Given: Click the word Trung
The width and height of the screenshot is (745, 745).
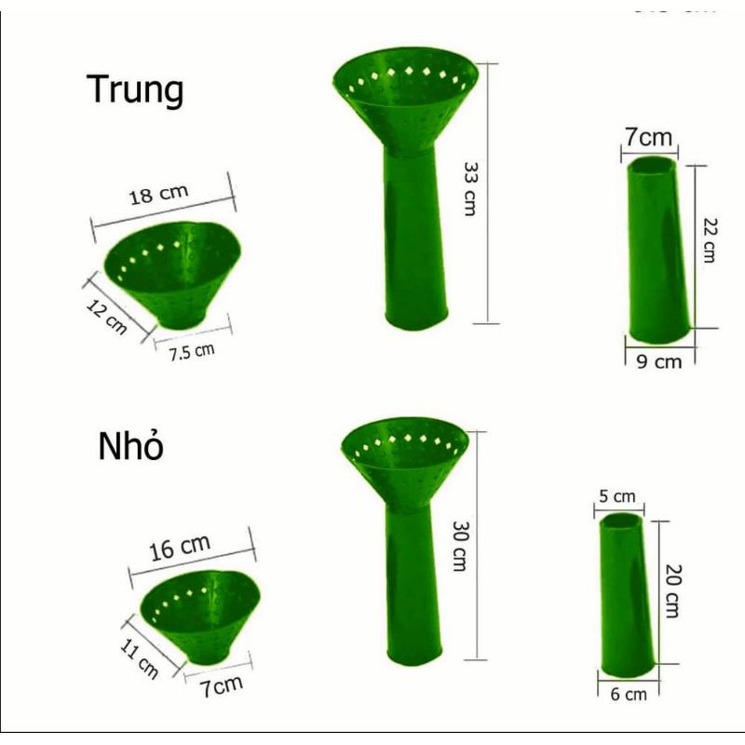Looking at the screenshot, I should [135, 90].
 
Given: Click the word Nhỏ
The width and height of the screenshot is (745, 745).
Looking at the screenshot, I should [131, 447].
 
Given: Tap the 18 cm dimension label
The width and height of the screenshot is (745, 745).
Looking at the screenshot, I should [158, 195].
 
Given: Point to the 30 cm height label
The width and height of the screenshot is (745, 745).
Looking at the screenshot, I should [457, 545].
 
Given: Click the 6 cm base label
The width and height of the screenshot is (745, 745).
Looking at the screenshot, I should [629, 694].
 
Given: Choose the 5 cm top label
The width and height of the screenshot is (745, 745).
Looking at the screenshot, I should [616, 497].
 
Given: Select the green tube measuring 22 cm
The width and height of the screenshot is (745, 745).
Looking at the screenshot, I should [660, 249].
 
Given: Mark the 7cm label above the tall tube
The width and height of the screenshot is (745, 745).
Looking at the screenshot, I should [648, 138].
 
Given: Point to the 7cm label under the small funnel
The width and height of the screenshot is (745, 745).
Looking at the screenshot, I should [223, 687].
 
